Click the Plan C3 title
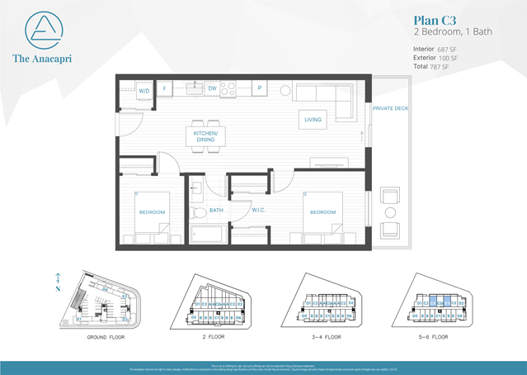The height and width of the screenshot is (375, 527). tap(433, 20)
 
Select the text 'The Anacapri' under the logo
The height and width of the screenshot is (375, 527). tap(41, 58)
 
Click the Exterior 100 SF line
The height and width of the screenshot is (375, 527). tap(433, 58)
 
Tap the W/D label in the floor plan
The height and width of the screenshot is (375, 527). tap(144, 90)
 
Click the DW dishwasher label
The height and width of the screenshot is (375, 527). tap(212, 88)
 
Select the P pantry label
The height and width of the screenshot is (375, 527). tap(260, 88)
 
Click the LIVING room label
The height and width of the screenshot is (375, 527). tap(313, 120)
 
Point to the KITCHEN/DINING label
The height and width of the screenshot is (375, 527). tap(205, 136)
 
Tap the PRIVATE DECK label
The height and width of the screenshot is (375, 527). tap(388, 108)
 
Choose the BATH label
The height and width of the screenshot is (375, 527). tap(217, 210)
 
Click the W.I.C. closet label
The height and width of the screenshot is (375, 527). tap(257, 210)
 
